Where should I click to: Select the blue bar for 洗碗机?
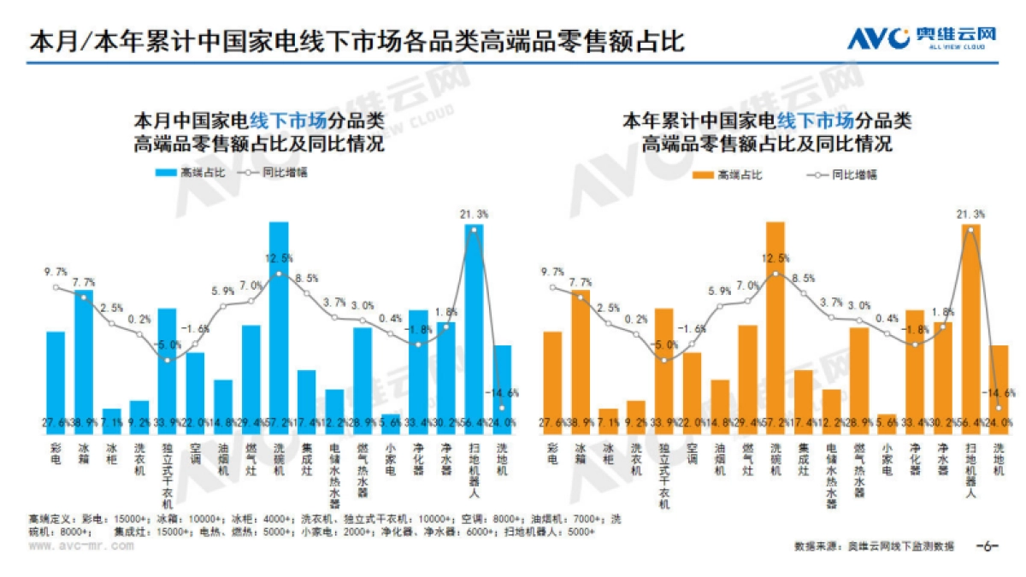click(279, 325)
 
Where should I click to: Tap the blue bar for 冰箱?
click(84, 359)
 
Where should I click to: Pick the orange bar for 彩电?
click(552, 380)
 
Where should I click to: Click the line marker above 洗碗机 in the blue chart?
click(279, 274)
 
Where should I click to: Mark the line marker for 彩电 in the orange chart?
click(552, 287)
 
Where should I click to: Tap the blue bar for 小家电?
click(391, 420)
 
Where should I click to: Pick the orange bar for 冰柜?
click(608, 417)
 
